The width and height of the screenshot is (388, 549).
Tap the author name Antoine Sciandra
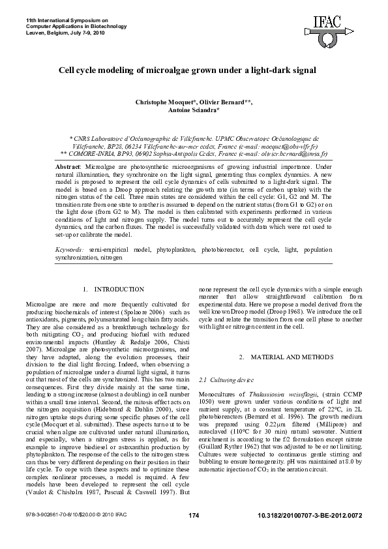(195, 111)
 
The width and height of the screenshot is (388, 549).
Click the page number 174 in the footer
(193, 534)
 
